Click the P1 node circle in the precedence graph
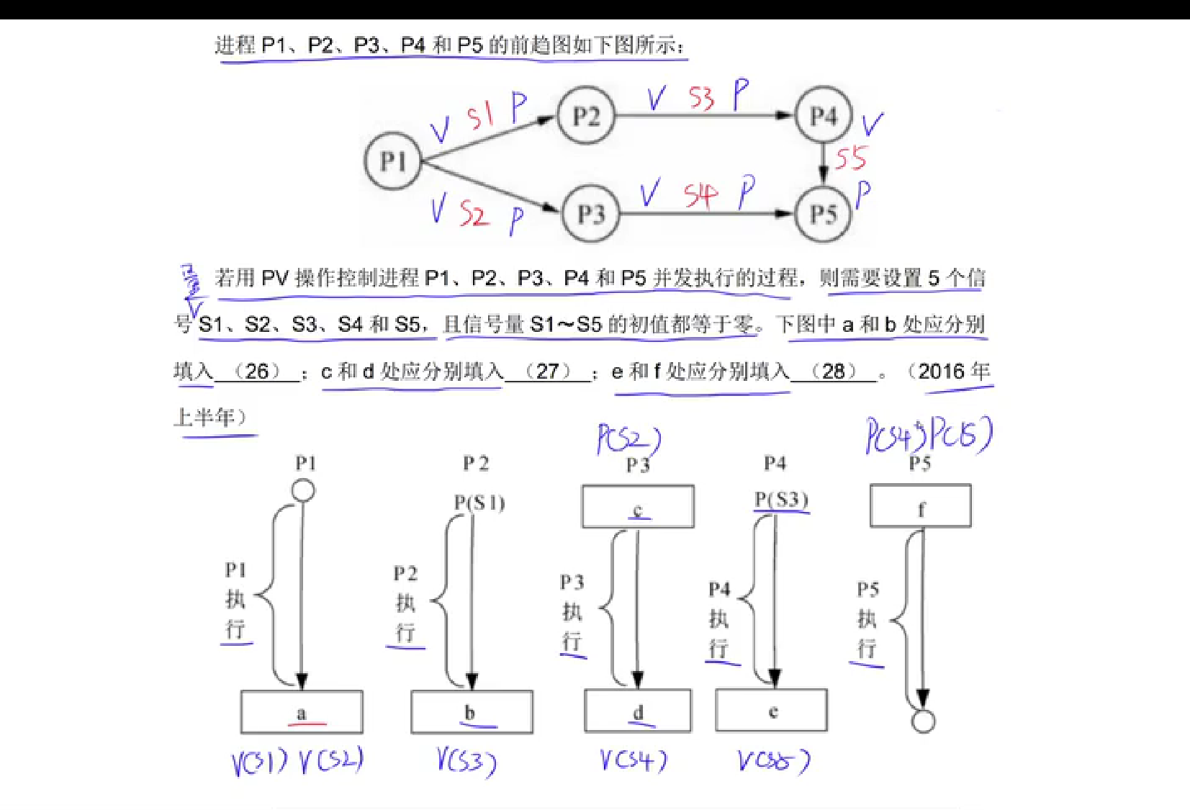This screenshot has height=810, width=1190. pos(392,161)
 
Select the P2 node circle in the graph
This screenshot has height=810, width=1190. pos(586,115)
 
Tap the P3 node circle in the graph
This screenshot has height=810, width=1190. pos(590,213)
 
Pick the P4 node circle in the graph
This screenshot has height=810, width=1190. pos(824,115)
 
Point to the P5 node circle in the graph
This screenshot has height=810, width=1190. pos(824,213)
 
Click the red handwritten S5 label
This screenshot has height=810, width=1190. pos(850,158)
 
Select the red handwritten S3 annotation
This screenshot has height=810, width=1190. pos(700,98)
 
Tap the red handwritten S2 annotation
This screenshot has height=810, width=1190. pos(474,214)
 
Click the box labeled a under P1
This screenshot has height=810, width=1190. pos(302,712)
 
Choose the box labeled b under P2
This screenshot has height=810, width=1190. pos(472,712)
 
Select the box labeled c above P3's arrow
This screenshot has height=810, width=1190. pos(638,506)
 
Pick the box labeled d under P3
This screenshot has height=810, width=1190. pos(638,711)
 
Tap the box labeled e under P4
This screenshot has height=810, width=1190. pos(772,711)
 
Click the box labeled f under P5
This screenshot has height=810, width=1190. pos(921,506)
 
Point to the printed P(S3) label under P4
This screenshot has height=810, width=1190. pos(782,500)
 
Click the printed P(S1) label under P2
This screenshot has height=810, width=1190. pos(479,503)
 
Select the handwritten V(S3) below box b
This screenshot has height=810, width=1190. pos(466,762)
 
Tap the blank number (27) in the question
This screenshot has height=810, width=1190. pos(547,372)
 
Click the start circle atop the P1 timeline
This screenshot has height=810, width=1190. pos(303,491)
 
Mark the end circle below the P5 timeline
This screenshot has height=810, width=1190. pos(923,721)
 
